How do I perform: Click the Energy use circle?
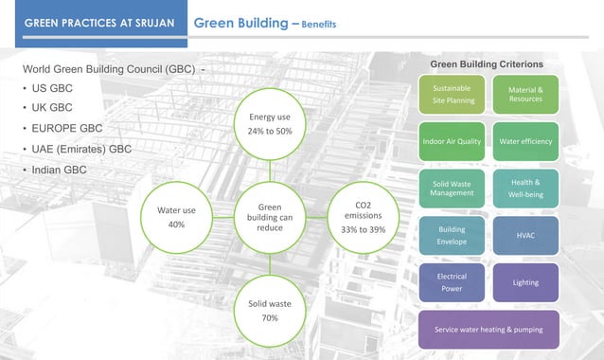click(270, 123)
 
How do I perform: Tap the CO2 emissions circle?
click(364, 217)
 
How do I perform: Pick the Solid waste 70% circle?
click(270, 311)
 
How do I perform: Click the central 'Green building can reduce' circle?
click(270, 217)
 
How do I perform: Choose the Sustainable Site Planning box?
click(452, 93)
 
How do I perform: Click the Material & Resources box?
click(525, 93)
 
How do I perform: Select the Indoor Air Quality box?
click(452, 141)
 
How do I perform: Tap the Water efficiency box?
click(525, 141)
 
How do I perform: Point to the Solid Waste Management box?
click(452, 188)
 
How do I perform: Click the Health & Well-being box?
click(525, 188)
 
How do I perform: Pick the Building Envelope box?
click(452, 235)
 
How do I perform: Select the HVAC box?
click(525, 235)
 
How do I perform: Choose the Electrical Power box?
click(452, 282)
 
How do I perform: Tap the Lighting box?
click(525, 282)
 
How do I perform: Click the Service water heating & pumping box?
click(489, 329)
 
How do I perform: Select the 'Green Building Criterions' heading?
click(487, 63)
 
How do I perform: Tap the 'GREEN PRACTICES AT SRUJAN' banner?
click(98, 22)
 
